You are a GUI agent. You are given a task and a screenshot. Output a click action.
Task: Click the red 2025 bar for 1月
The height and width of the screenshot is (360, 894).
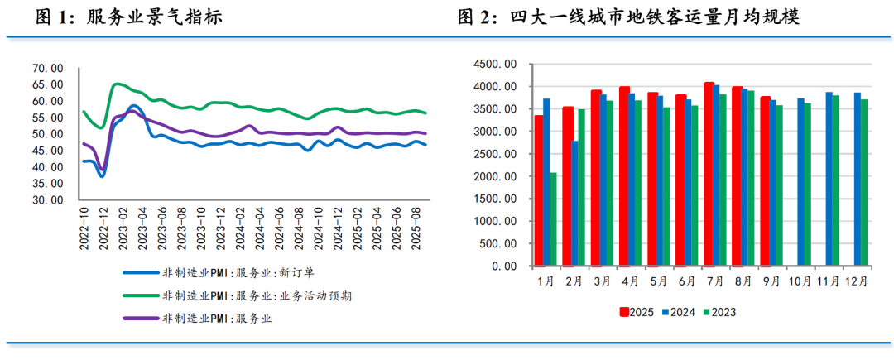(x=539, y=190)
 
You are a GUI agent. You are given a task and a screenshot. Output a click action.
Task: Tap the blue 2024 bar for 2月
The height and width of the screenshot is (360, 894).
(x=575, y=204)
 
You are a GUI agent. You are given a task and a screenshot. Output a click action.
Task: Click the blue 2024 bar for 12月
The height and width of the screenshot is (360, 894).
(x=858, y=179)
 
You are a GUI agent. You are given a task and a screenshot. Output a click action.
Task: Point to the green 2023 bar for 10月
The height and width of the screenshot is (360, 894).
(x=806, y=185)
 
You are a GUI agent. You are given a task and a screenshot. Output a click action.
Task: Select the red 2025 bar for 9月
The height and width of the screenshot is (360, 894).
(x=766, y=181)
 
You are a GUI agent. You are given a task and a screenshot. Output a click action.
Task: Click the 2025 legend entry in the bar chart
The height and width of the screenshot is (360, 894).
(x=637, y=312)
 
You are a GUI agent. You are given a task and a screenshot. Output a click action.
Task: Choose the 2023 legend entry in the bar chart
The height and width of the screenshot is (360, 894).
(x=718, y=312)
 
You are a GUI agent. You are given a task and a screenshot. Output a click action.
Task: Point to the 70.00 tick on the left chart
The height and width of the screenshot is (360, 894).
(x=47, y=68)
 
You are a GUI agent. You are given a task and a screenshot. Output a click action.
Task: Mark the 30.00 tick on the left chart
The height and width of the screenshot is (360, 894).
(x=47, y=200)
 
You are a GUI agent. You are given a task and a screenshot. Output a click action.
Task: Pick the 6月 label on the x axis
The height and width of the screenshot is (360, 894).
(x=686, y=281)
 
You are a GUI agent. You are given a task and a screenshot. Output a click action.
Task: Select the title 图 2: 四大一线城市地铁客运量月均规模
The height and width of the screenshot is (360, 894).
(x=628, y=17)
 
